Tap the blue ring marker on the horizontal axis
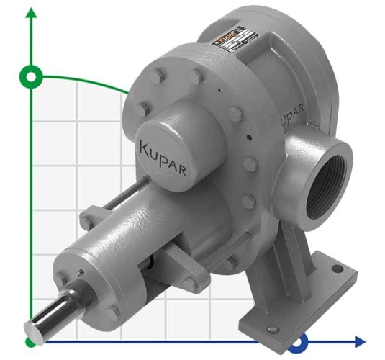(301, 340)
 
